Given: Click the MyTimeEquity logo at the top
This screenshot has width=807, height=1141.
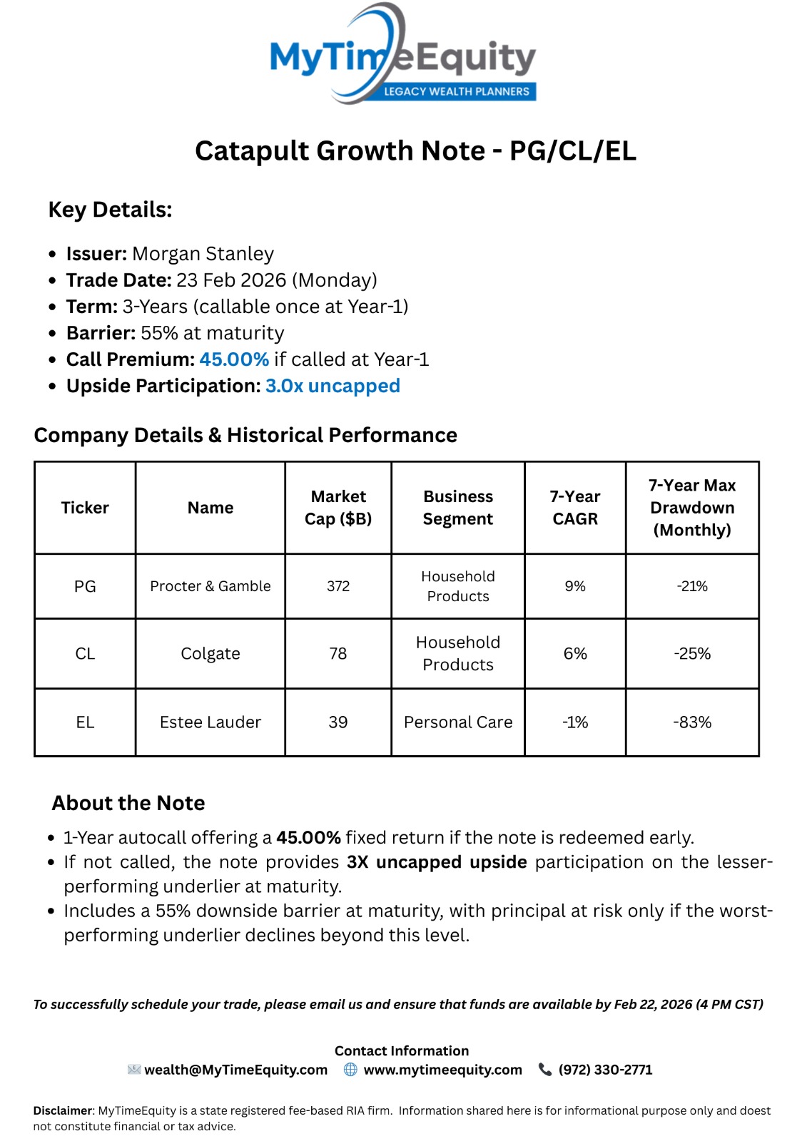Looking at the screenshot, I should pos(402,56).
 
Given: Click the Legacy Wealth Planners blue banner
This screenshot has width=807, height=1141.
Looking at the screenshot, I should pos(456,91).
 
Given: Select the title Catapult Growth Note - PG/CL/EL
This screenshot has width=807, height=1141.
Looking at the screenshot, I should pos(415,151).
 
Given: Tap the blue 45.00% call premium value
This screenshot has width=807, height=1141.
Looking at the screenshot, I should pos(234,359).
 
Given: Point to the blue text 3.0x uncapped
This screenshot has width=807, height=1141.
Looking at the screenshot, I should pos(333,386).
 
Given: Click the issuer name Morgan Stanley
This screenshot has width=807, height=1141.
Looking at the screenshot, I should pos(203,254).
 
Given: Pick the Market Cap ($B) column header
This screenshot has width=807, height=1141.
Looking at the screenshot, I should pos(338,508).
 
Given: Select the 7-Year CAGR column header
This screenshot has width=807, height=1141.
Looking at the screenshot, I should pos(575,508).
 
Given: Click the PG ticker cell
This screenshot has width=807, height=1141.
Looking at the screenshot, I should pos(85,586).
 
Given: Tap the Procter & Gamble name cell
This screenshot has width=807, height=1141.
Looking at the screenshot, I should pos(210,586).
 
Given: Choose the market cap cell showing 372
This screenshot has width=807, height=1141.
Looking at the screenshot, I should pos(338,586).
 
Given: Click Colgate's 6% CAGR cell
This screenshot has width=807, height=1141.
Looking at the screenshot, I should pos(575,653).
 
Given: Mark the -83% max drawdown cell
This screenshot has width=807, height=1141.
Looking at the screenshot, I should pos(692,722).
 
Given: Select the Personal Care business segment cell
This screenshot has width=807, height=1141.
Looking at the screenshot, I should pos(458,722).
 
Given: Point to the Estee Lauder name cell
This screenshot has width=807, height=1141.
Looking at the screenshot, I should pos(210,722).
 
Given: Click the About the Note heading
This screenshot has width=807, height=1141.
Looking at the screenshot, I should pos(128,803).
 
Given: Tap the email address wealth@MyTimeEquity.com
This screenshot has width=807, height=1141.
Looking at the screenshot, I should pos(235,1070).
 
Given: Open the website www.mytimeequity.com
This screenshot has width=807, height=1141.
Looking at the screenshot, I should pos(442,1070).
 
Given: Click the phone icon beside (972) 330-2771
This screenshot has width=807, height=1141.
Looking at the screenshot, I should pos(545,1070).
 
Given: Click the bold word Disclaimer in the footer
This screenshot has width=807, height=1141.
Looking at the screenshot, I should pos(63,1110).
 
